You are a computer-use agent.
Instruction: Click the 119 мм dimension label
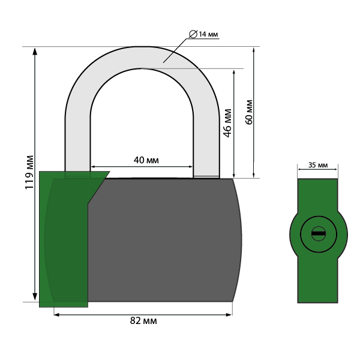29,173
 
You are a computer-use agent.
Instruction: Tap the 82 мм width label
143,321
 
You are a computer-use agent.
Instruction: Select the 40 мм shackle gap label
146,160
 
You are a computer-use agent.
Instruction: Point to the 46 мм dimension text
227,123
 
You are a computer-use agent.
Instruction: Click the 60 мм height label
249,112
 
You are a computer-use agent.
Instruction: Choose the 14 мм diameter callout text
208,34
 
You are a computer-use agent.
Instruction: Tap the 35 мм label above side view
318,165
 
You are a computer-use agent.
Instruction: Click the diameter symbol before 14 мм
193,34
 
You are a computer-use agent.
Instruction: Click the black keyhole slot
319,233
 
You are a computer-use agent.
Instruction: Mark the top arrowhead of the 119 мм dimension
35,52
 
